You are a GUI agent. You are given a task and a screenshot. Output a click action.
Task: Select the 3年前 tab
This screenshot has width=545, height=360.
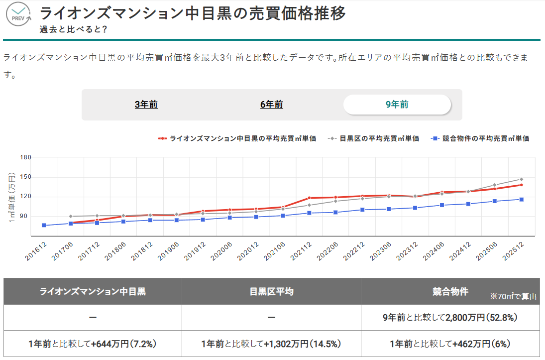click(146, 105)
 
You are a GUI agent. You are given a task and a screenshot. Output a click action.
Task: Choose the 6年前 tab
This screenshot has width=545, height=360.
click(271, 105)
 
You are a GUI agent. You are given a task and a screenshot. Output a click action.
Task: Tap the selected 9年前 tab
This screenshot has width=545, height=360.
click(397, 105)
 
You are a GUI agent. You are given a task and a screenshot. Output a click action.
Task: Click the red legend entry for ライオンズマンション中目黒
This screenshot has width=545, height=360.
click(237, 138)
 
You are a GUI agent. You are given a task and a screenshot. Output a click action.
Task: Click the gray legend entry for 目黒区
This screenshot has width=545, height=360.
click(374, 138)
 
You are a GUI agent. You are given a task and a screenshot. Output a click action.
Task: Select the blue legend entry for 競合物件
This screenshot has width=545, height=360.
click(480, 138)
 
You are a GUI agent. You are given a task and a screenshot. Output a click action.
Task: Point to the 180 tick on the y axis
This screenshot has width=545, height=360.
click(25, 157)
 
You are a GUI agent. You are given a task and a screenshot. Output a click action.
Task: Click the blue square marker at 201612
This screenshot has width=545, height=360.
click(44, 226)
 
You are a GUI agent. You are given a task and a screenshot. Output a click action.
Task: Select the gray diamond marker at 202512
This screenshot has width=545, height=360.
click(521, 179)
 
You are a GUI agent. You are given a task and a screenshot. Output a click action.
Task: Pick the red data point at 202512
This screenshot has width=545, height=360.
click(521, 185)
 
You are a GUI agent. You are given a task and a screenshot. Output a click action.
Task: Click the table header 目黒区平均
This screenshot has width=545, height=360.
click(271, 292)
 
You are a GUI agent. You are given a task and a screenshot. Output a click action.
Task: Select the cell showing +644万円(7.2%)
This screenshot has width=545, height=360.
click(93, 344)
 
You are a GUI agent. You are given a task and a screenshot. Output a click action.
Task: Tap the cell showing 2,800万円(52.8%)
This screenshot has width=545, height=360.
click(450, 318)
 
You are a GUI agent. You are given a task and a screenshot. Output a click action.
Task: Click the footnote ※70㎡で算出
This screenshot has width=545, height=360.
click(513, 297)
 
